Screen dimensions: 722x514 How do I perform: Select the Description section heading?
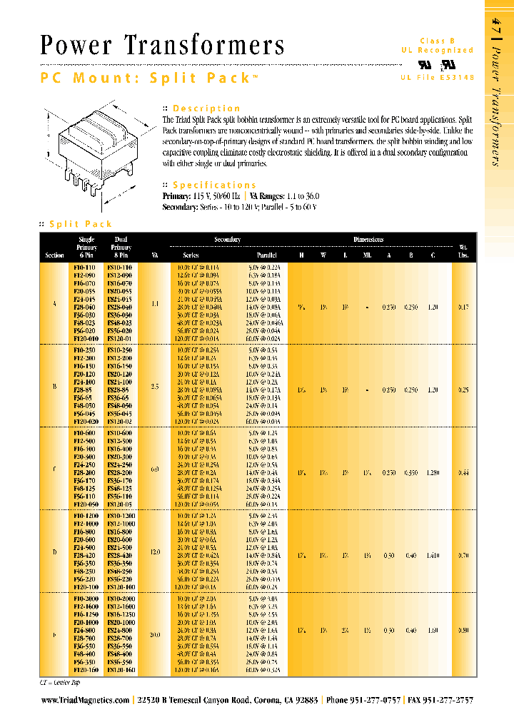click(206, 108)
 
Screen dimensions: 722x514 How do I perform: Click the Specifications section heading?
click(214, 185)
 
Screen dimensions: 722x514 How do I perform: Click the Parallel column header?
click(267, 255)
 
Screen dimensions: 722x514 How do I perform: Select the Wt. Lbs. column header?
click(463, 250)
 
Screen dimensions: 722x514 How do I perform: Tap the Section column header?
click(54, 255)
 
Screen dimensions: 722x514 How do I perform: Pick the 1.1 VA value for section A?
click(155, 303)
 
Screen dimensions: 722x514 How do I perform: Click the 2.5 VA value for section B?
click(155, 386)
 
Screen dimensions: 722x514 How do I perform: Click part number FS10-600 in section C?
click(119, 433)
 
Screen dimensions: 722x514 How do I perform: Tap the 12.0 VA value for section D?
click(155, 551)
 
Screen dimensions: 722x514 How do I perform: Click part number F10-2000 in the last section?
click(85, 599)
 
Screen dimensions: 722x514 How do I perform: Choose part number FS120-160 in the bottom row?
click(119, 671)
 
